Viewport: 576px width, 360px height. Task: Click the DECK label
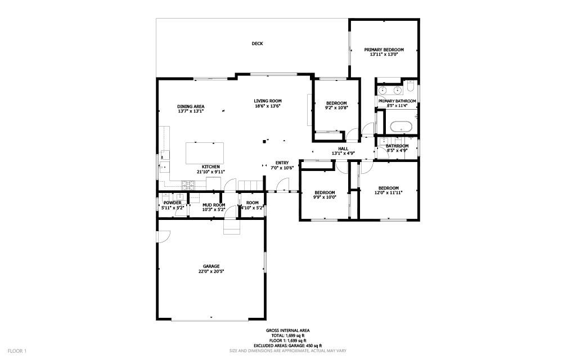(257, 43)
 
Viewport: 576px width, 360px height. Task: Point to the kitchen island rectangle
(204, 152)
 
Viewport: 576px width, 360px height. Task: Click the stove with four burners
(187, 184)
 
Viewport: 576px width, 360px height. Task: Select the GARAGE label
(211, 266)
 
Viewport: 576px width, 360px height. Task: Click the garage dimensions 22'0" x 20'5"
(211, 271)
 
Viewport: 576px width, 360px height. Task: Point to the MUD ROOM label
(214, 205)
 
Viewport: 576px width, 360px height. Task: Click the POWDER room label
(172, 202)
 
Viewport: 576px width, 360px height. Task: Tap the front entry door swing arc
(284, 184)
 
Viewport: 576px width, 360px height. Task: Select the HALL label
(343, 148)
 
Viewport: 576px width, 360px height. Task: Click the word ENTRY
(282, 163)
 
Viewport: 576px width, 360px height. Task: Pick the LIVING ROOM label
(268, 101)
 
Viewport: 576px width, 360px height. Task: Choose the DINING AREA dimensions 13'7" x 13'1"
(190, 111)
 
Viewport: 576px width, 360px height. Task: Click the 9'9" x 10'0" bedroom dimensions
(324, 197)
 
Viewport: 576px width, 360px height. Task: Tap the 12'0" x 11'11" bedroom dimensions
(388, 193)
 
